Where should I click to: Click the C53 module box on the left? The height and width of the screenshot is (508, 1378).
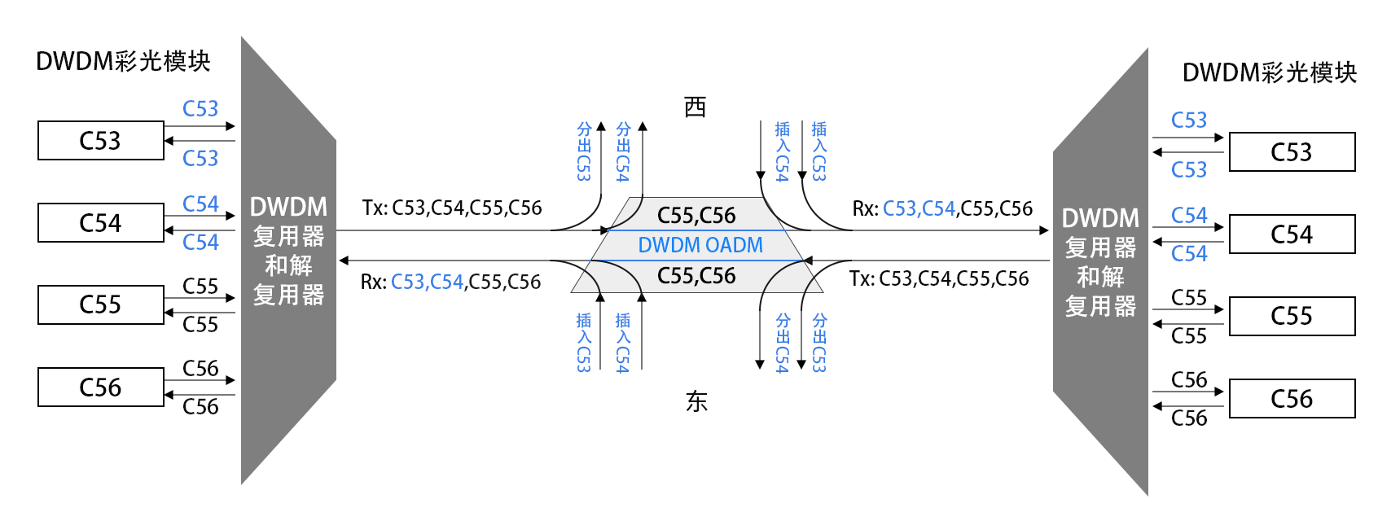[x=101, y=140]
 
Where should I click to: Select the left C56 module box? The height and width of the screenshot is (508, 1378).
[x=101, y=387]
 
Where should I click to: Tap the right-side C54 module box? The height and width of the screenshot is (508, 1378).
[x=1292, y=234]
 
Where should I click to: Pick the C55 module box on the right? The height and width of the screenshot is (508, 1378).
[x=1292, y=316]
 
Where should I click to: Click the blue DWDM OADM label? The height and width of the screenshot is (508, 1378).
[x=700, y=245]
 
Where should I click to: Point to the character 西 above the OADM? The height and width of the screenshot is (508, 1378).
[x=696, y=107]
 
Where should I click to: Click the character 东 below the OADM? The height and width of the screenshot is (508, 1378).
[x=696, y=401]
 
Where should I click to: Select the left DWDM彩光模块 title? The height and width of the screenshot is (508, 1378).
[x=123, y=62]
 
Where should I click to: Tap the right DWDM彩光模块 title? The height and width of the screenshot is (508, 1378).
[x=1269, y=72]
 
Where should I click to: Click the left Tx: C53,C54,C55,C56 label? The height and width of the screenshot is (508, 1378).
[x=451, y=208]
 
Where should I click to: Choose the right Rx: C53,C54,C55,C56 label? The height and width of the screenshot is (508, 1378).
[x=942, y=208]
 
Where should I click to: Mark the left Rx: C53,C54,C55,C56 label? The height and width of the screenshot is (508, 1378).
[x=450, y=282]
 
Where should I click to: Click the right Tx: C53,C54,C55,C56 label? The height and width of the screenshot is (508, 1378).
[x=939, y=278]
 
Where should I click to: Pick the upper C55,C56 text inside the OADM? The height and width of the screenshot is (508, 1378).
[x=696, y=215]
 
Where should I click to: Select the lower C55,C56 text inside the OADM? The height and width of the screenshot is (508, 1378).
[x=696, y=275]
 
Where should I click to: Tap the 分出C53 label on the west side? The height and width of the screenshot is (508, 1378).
[x=584, y=151]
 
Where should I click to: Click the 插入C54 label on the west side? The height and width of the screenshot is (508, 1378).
[x=782, y=151]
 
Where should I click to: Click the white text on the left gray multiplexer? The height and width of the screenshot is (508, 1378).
[x=288, y=251]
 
